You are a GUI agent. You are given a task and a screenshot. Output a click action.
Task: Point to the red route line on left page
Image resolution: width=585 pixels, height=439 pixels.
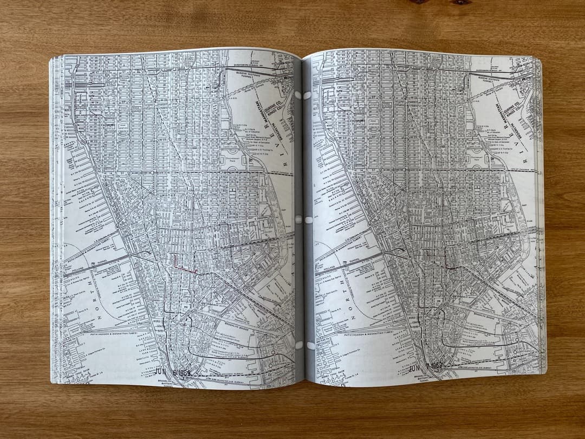pos(184,268)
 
